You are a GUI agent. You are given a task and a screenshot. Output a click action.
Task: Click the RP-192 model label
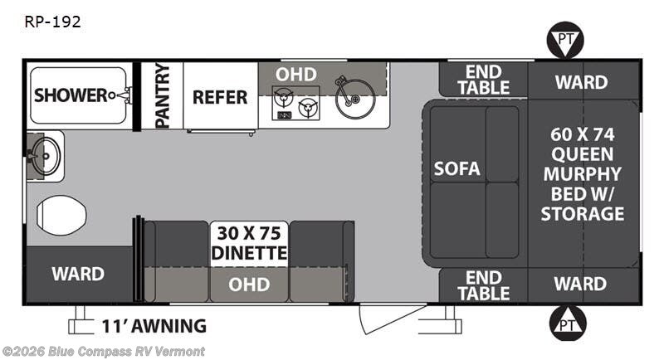click(52, 22)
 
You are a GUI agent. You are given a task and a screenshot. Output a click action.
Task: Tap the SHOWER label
click(71, 95)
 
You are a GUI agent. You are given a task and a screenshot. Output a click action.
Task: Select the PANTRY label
click(162, 95)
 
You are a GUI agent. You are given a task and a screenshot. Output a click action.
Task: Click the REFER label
click(220, 97)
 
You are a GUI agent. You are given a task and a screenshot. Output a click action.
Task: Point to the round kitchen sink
click(355, 99)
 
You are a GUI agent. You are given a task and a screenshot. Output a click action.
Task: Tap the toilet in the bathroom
click(61, 216)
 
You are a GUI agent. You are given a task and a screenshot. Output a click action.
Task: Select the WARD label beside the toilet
click(78, 274)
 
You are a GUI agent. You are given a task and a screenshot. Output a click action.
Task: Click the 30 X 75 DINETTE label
click(249, 243)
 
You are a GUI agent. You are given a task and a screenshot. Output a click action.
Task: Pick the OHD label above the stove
click(296, 75)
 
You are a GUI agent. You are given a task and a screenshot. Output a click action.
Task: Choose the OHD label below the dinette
click(249, 285)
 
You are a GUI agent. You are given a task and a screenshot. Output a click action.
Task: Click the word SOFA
click(457, 168)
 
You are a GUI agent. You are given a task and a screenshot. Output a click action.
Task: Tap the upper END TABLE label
click(483, 80)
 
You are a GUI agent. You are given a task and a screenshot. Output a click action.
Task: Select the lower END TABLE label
click(483, 285)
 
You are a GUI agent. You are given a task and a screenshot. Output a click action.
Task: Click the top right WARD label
click(582, 82)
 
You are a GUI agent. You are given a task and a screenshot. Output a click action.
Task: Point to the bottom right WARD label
click(580, 284)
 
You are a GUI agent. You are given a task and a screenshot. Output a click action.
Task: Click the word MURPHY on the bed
click(583, 174)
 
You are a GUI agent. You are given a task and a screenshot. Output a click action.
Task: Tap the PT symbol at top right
click(565, 40)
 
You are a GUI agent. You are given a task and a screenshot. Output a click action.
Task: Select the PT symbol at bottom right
click(568, 324)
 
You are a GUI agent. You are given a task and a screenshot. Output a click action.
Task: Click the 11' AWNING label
click(154, 326)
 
